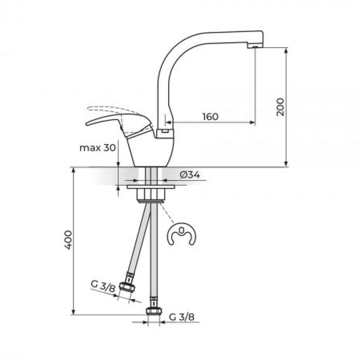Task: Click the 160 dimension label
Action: point(210,116)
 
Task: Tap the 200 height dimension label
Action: point(280,107)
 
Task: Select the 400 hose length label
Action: point(68,240)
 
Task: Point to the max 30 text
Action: point(98,148)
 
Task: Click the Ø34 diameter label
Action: point(190,175)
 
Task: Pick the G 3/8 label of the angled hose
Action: point(103,286)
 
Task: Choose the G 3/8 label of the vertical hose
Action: point(181,317)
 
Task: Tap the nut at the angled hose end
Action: point(127,287)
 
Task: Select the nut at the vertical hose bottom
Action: point(154,311)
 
